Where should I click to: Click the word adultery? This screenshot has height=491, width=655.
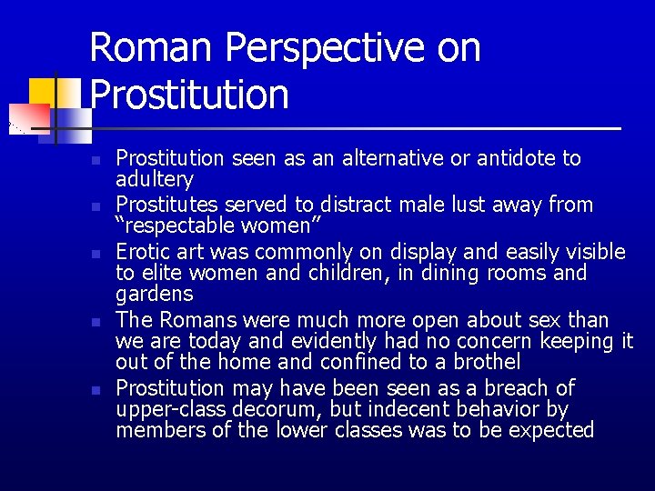pyautogui.click(x=155, y=180)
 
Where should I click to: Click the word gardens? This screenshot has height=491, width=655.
pyautogui.click(x=154, y=294)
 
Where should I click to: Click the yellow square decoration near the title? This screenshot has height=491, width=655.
pyautogui.click(x=42, y=91)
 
